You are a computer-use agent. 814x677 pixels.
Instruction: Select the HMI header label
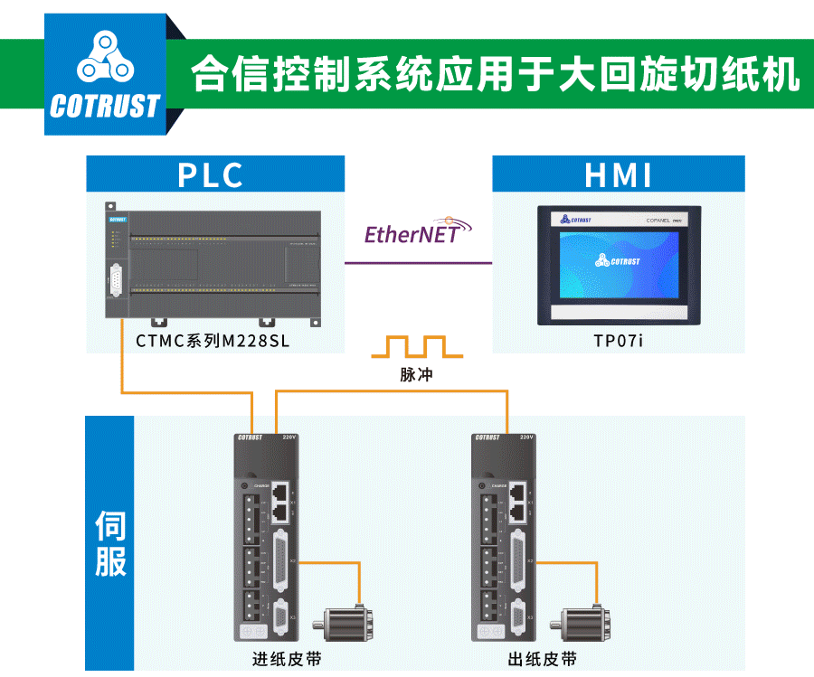tap(619, 174)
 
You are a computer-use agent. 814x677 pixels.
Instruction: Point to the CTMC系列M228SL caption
tap(213, 341)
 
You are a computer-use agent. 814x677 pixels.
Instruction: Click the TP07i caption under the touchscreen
tap(618, 341)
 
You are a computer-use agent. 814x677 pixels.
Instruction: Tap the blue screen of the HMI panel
tap(618, 263)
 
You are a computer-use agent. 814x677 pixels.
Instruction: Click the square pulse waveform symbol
tap(417, 347)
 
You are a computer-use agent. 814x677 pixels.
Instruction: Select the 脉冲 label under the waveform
tap(416, 373)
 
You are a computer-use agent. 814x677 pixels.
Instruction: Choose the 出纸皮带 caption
tap(544, 659)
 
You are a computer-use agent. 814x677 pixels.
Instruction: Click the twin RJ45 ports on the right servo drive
tap(518, 502)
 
